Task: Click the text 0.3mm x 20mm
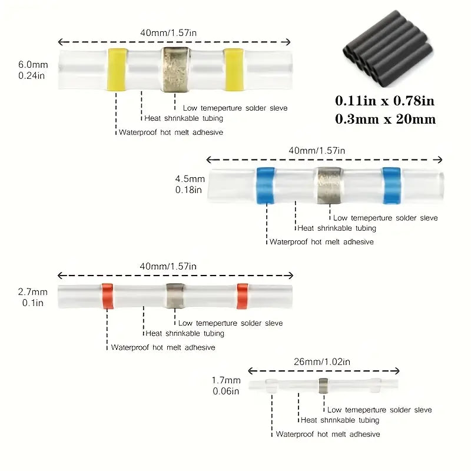(386, 119)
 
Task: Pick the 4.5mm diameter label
(190, 179)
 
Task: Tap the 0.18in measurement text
(188, 190)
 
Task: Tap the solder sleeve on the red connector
(174, 295)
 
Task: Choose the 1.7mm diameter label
(226, 380)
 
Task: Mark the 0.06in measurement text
(226, 390)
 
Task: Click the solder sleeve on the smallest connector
(323, 386)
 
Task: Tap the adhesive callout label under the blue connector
(321, 241)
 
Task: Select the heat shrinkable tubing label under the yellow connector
(184, 118)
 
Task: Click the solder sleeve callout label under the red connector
(230, 323)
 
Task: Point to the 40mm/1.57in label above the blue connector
(317, 150)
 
